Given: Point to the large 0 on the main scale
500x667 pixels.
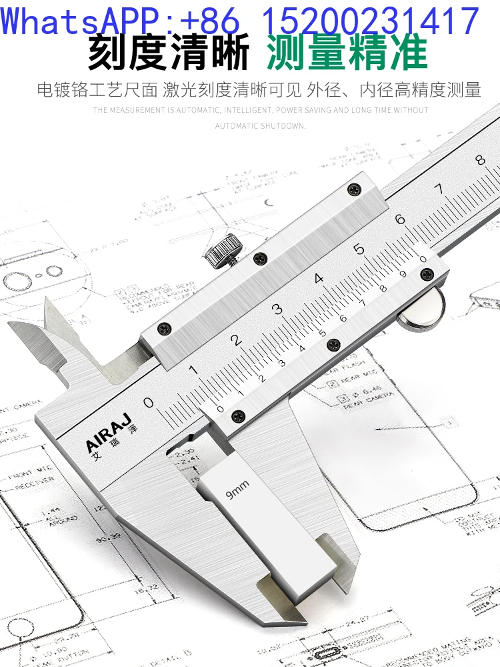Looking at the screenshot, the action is coord(149,402).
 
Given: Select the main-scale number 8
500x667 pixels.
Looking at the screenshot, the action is coord(479,160).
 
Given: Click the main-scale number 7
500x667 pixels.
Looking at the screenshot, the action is coord(439,189).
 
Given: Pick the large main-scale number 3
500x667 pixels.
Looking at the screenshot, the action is coord(277,309).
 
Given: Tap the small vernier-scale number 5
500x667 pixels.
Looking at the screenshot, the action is coord(323,333).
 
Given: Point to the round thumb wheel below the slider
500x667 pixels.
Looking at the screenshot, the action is coord(423,311).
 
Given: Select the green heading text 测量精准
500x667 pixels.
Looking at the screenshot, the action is coord(347,54).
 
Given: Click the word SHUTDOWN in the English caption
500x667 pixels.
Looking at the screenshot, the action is coord(279,125).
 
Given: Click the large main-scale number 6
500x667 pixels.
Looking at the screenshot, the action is coord(399,219).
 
